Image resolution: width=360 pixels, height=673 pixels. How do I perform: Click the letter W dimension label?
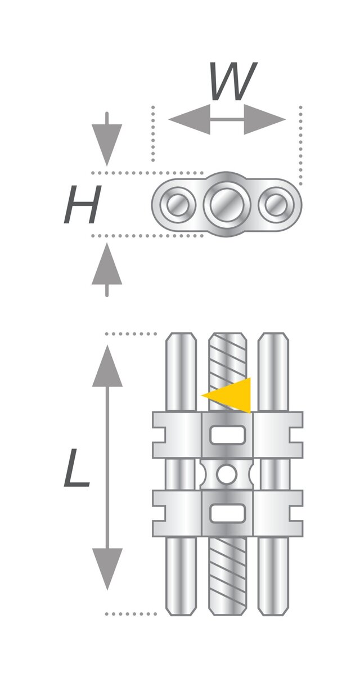point(233,81)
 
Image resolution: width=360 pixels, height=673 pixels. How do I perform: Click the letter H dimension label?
point(83,204)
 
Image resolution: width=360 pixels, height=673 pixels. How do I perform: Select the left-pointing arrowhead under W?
point(190,119)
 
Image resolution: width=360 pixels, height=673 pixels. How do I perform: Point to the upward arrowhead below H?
point(107,263)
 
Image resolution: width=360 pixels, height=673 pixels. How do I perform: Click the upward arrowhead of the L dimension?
point(107,366)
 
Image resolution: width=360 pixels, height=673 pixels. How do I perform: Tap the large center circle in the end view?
point(227,204)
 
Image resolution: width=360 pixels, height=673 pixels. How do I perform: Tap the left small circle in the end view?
point(178,205)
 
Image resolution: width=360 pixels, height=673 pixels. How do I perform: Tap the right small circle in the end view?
point(276,205)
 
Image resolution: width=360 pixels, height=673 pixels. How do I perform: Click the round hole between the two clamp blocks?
point(227,474)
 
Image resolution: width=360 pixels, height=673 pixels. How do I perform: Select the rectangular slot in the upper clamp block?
point(227,435)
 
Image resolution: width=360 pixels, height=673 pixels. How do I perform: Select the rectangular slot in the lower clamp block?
point(227,513)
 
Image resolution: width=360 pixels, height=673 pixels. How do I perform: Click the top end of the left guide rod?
point(181,333)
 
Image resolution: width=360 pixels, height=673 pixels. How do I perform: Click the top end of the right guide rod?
point(273,333)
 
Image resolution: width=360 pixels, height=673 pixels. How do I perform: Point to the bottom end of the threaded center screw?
point(227,614)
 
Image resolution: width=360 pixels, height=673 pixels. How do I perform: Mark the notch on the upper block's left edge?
point(159,435)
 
